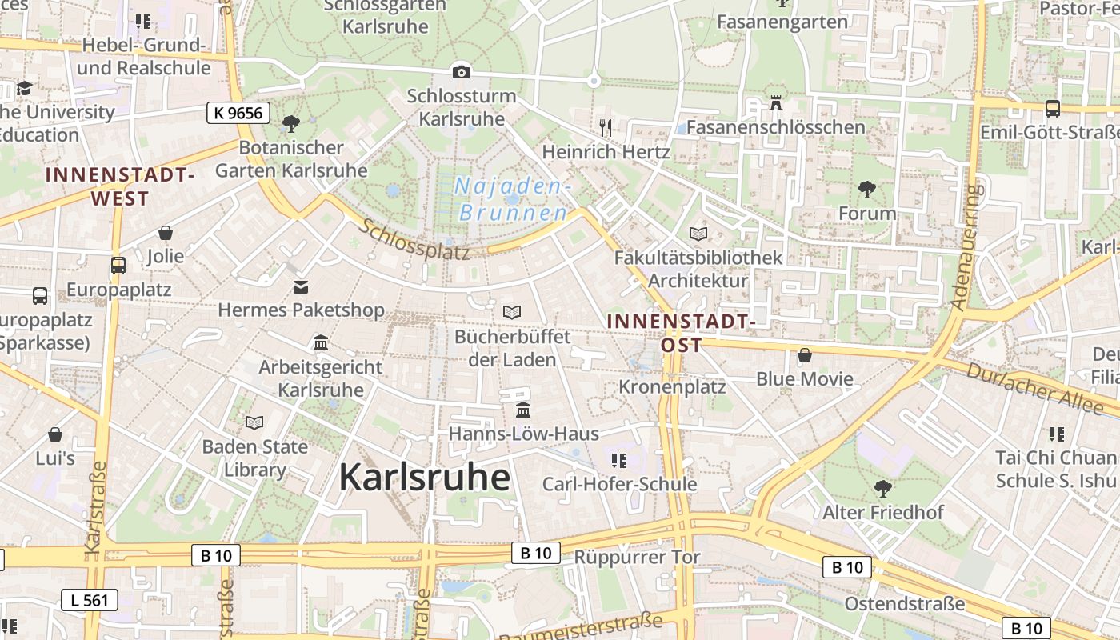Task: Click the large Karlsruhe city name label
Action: [424, 478]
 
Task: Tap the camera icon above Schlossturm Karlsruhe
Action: [461, 72]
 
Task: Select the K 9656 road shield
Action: [238, 113]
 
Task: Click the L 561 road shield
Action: [90, 600]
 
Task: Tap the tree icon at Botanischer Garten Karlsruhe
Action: [290, 123]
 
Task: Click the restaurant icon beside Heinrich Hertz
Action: [606, 127]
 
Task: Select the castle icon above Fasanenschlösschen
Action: [774, 103]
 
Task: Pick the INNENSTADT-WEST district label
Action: [120, 186]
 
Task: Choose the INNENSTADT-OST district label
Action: [682, 333]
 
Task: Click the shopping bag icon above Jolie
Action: [166, 233]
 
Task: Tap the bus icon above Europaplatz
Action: [118, 266]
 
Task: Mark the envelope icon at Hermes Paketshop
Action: [301, 286]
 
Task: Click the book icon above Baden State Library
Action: [254, 422]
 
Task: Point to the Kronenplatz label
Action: [672, 387]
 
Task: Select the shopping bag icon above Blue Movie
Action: [805, 355]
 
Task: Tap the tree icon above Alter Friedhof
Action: [883, 488]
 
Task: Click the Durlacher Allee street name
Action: [1034, 389]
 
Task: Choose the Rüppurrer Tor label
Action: [638, 558]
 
